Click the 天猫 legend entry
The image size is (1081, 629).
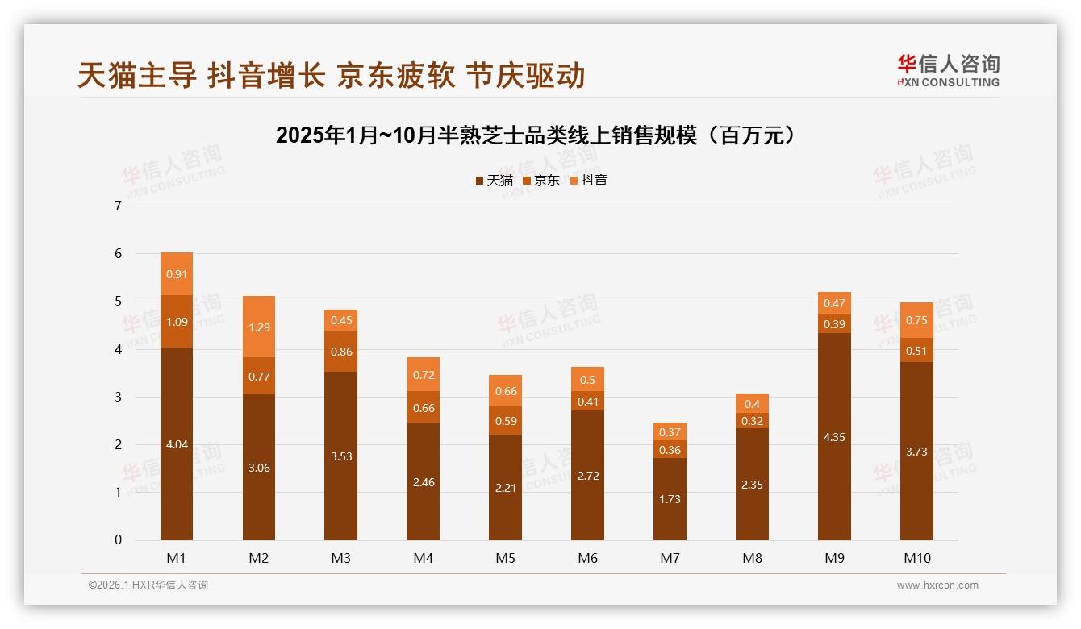point(494,181)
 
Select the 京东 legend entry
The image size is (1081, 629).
point(541,181)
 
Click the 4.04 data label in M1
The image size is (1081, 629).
point(177,444)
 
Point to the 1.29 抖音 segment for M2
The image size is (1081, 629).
point(259,327)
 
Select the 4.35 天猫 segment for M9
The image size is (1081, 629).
point(834,437)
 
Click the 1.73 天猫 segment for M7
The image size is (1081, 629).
point(670,499)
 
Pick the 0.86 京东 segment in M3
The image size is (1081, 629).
point(340,352)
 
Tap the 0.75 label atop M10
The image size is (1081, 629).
point(916,320)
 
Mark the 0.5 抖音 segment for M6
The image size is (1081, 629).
point(587,380)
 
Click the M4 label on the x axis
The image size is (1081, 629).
point(423,558)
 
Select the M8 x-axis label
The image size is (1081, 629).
point(751,558)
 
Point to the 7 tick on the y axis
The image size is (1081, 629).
point(119,206)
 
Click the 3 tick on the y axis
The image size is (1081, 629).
point(119,397)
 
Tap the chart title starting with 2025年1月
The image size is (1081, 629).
point(536,135)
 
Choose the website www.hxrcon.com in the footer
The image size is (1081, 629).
point(937,585)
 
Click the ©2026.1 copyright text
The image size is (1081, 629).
point(148,585)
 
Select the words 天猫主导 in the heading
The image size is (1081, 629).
point(137,76)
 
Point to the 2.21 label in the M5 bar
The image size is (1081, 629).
point(505,466)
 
